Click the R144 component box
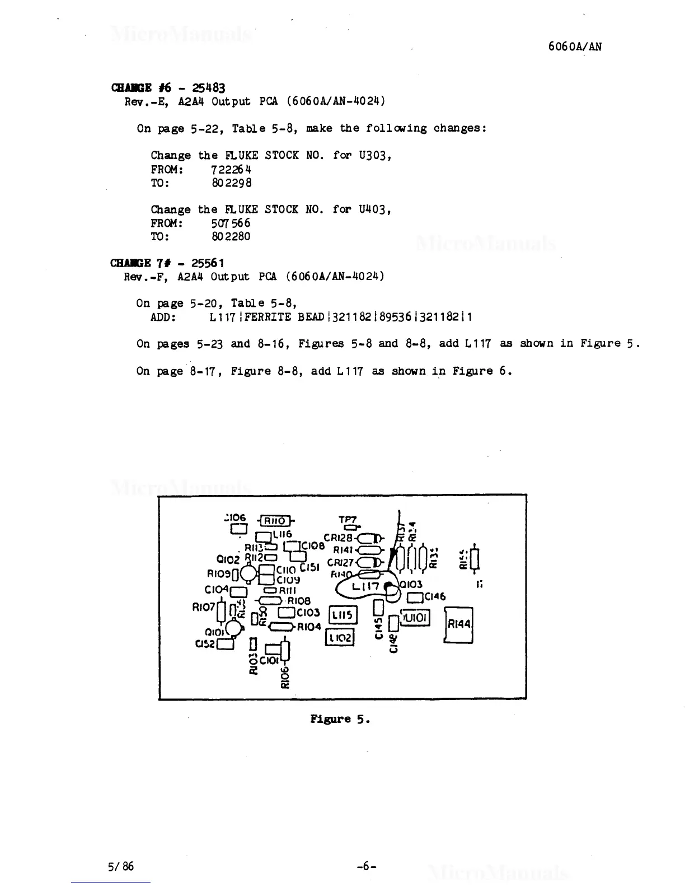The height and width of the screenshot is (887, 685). click(x=459, y=624)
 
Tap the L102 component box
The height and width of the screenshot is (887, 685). click(x=340, y=638)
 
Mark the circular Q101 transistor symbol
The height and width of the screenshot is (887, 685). click(x=234, y=630)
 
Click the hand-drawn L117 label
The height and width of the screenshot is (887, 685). click(x=366, y=586)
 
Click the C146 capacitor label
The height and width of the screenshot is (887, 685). click(x=435, y=597)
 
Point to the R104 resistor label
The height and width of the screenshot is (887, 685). click(x=309, y=627)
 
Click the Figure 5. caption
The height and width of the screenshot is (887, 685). click(x=340, y=718)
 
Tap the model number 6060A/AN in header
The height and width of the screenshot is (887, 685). click(x=575, y=47)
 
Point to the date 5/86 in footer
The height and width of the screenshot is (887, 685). click(x=121, y=866)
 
